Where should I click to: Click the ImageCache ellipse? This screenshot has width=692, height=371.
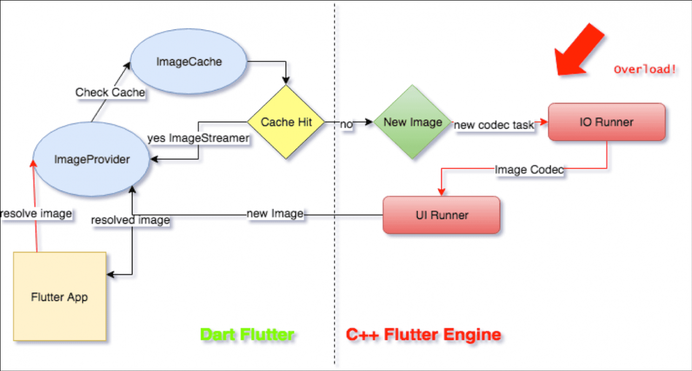[189, 62]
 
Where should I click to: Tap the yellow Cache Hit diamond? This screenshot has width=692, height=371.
[286, 122]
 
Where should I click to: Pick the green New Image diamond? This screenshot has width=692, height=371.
[412, 122]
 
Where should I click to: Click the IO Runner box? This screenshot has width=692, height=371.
[607, 122]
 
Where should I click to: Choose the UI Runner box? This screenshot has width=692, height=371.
[441, 215]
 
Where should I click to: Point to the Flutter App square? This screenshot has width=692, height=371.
[59, 296]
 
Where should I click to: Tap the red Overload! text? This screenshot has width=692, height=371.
[645, 69]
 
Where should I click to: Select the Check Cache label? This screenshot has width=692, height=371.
[110, 92]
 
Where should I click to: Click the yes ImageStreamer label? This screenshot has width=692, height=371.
[198, 138]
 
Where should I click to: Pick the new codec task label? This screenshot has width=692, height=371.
[494, 125]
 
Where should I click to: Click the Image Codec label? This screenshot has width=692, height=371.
[529, 170]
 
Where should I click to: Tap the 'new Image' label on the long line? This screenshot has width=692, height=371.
[275, 214]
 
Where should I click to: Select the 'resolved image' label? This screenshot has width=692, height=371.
[130, 220]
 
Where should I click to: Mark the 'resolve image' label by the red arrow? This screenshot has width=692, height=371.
[36, 214]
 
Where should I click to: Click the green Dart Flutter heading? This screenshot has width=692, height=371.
[247, 335]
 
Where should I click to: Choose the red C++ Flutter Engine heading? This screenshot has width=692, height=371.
[423, 335]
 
